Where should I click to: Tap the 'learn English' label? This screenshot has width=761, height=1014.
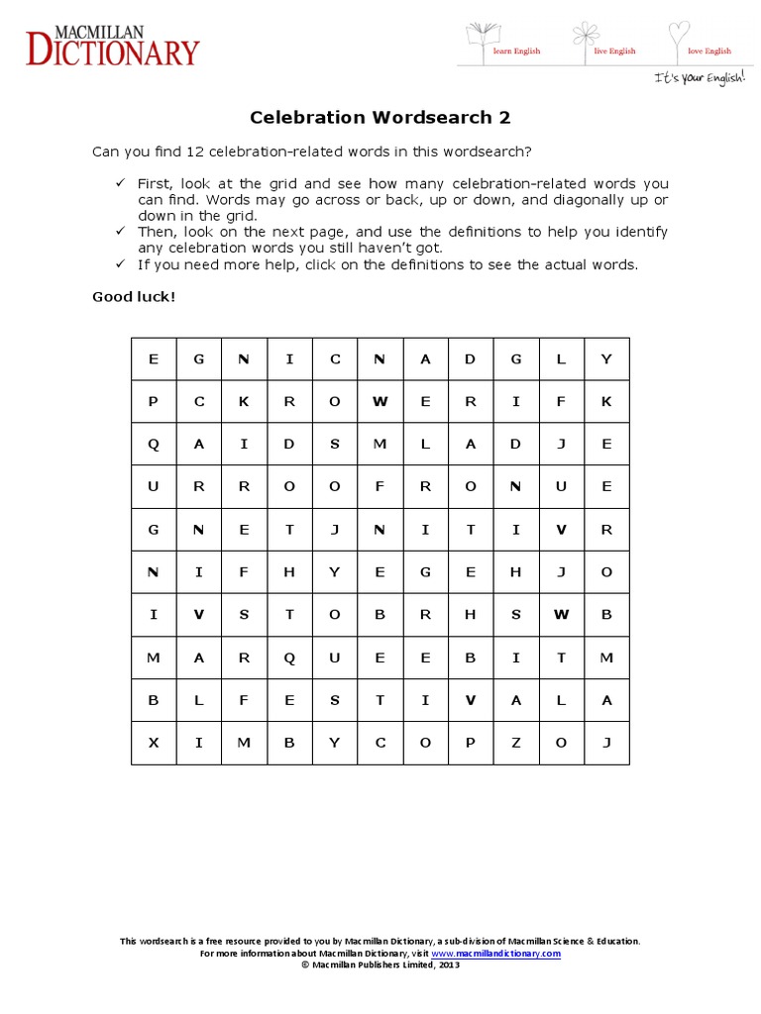pyautogui.click(x=516, y=51)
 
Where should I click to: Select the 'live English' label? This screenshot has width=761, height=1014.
pyautogui.click(x=614, y=51)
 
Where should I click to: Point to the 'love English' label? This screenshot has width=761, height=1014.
pyautogui.click(x=709, y=51)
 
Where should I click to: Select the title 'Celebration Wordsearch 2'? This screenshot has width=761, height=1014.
pyautogui.click(x=380, y=118)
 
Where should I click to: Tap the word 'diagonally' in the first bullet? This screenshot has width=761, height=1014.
pyautogui.click(x=591, y=200)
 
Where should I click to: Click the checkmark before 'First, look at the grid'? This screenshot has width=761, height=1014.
pyautogui.click(x=120, y=184)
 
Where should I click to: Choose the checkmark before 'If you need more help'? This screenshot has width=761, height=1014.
pyautogui.click(x=120, y=264)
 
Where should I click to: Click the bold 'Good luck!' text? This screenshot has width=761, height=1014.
pyautogui.click(x=133, y=296)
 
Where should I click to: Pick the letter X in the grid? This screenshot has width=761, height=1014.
pyautogui.click(x=154, y=743)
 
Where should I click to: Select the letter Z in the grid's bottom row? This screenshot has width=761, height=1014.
pyautogui.click(x=515, y=743)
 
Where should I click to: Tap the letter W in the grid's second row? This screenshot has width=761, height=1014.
pyautogui.click(x=380, y=402)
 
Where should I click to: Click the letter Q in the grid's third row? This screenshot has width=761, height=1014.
pyautogui.click(x=154, y=445)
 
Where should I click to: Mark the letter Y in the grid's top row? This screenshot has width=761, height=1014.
pyautogui.click(x=606, y=359)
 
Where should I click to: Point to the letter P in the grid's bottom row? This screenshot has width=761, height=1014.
pyautogui.click(x=471, y=743)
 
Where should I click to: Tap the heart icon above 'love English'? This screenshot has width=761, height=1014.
pyautogui.click(x=678, y=34)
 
